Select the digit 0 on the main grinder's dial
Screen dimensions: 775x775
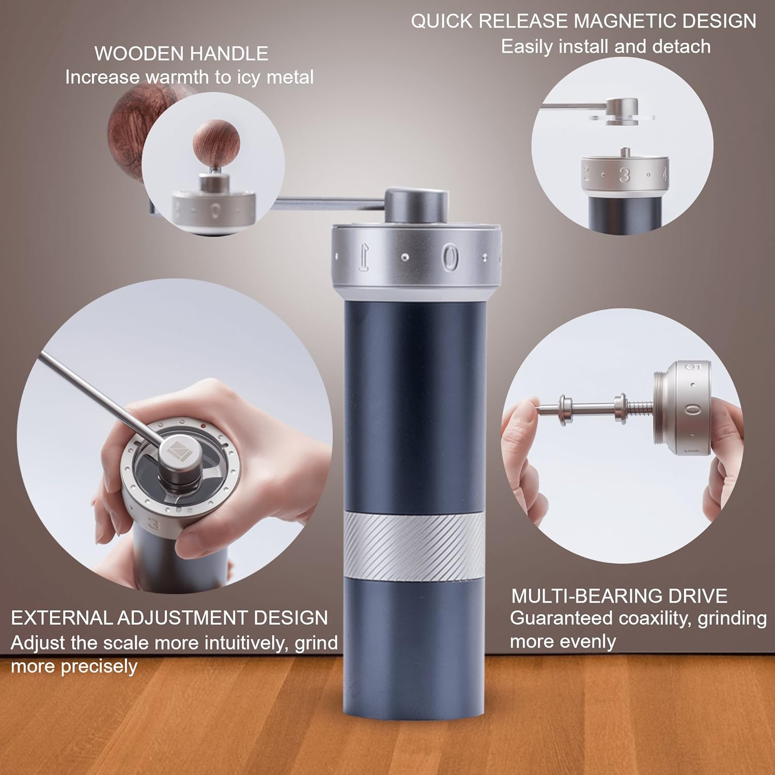(450, 257)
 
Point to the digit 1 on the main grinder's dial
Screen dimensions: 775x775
(364, 257)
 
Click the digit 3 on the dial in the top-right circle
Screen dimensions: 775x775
(625, 175)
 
